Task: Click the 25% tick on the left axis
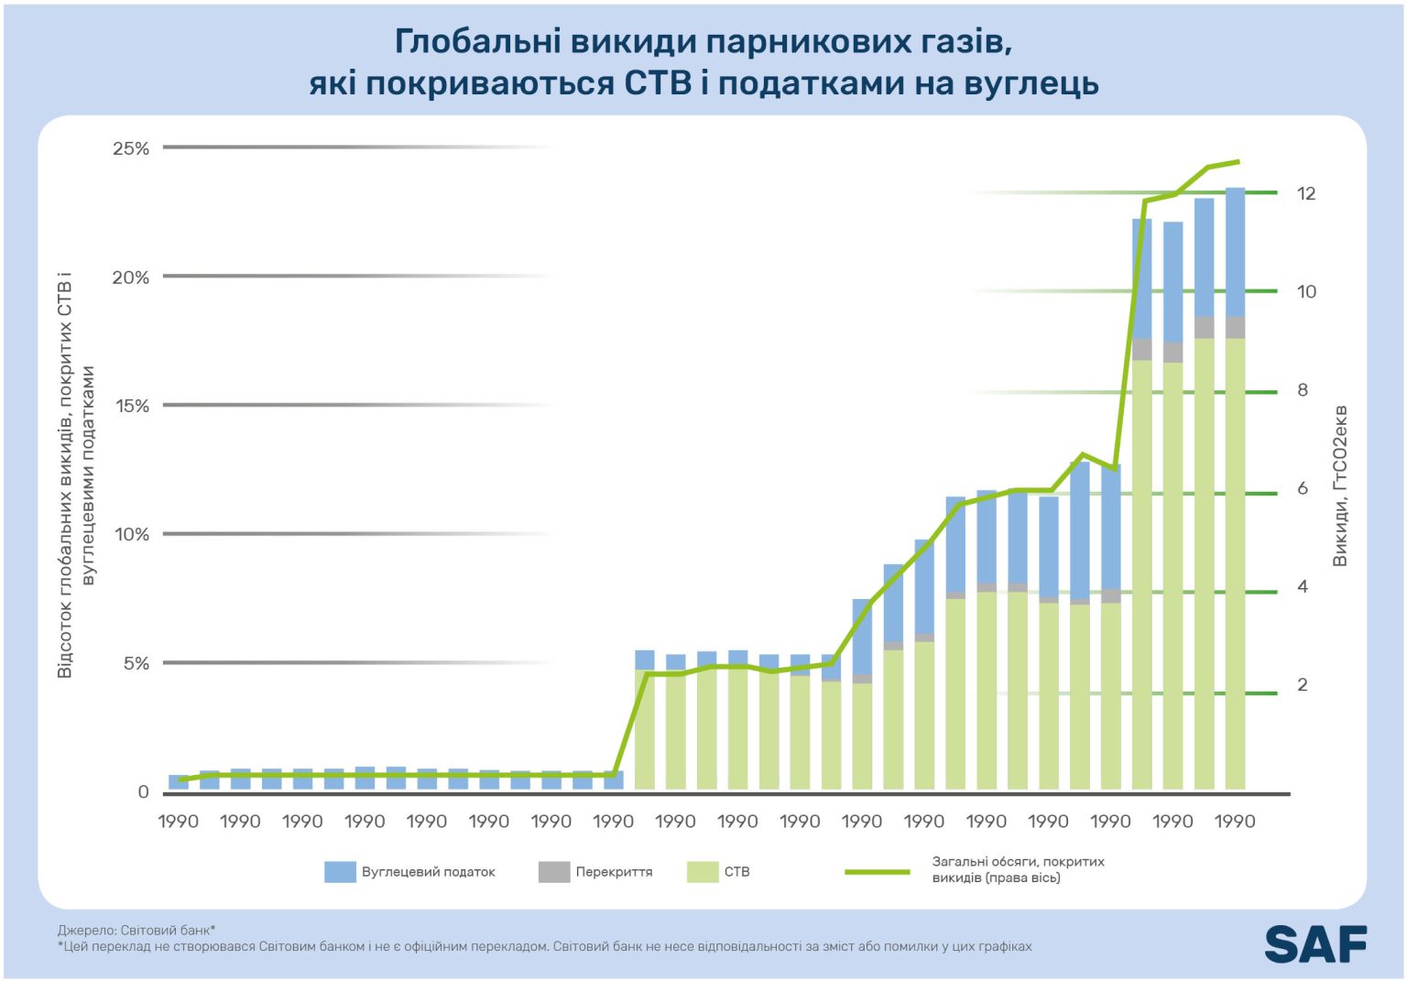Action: [x=131, y=148]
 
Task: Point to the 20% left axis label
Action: [x=131, y=278]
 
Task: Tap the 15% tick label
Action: [x=131, y=406]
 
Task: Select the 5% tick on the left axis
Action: [x=136, y=663]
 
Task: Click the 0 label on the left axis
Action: [x=143, y=792]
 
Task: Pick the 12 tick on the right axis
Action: [x=1305, y=193]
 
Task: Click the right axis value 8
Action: [x=1302, y=390]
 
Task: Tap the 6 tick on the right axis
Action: [x=1302, y=488]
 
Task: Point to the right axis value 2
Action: [x=1302, y=685]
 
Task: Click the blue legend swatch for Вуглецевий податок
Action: [x=339, y=872]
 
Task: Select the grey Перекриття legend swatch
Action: [x=553, y=872]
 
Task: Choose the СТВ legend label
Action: [x=736, y=872]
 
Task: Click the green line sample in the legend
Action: [x=877, y=871]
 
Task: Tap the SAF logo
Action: [x=1315, y=944]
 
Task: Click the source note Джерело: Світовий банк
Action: [x=136, y=930]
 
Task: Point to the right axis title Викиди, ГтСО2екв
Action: [x=1340, y=485]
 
